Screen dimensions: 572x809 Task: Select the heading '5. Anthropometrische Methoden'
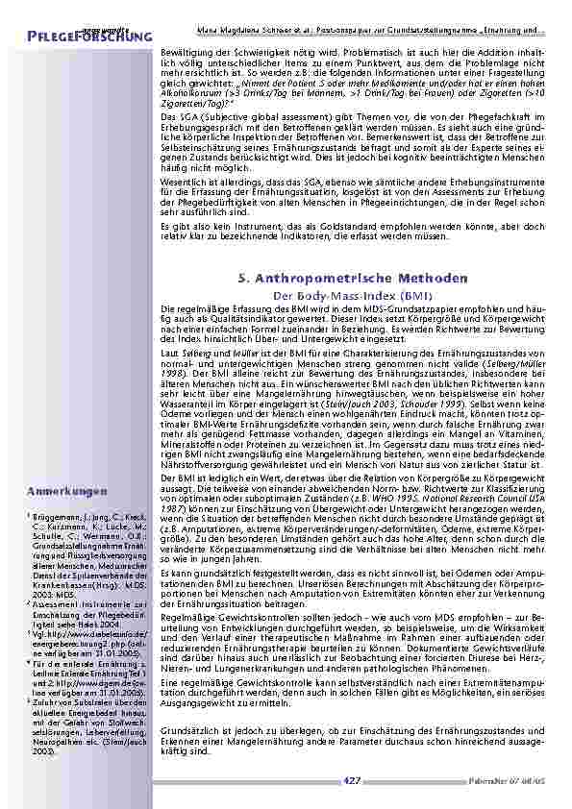352,278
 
